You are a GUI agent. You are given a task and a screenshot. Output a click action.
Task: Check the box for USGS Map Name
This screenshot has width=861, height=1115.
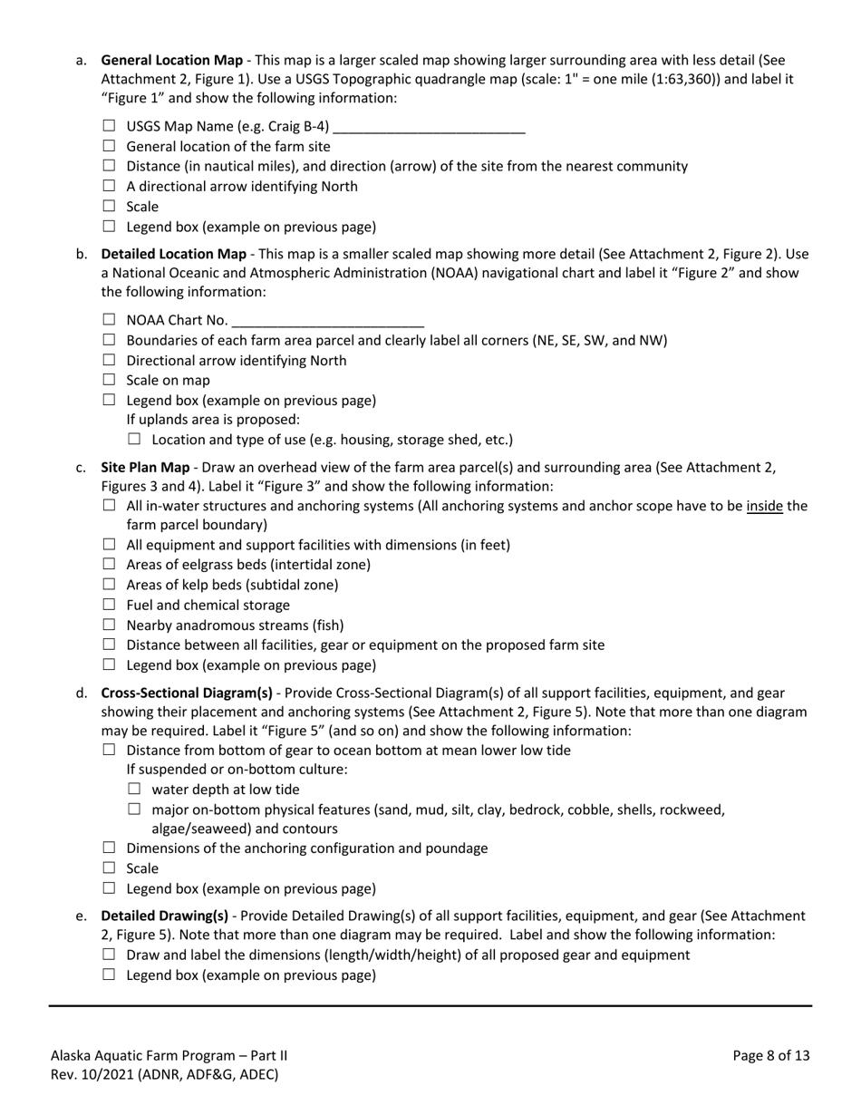110,126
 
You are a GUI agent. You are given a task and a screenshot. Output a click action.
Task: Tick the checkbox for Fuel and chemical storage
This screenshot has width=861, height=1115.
110,605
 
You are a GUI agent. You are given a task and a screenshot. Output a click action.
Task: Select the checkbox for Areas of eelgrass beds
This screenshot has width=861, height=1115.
110,565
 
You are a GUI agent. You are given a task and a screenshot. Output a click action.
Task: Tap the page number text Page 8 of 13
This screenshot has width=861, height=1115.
771,1055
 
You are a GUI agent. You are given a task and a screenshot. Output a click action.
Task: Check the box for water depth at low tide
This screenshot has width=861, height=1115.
135,789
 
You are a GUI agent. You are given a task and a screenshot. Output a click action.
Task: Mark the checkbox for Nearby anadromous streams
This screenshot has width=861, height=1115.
110,625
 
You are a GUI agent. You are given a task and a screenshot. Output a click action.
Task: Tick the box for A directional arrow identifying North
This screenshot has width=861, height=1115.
110,186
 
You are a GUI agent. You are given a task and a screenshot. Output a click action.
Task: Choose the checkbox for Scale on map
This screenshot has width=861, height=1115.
110,380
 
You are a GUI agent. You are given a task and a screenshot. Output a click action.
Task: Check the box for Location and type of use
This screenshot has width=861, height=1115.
135,440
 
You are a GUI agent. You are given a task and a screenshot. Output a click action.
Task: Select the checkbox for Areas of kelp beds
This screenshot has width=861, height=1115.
110,585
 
